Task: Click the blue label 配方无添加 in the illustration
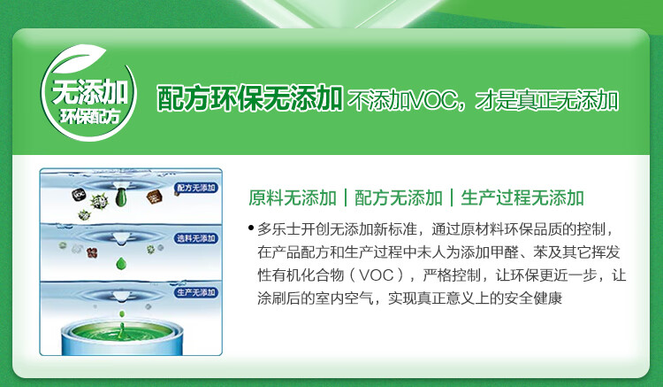pyautogui.click(x=196, y=188)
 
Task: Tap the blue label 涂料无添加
pyautogui.click(x=196, y=238)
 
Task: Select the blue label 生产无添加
pyautogui.click(x=196, y=292)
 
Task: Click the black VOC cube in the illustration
pyautogui.click(x=79, y=194)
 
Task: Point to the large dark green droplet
pyautogui.click(x=121, y=195)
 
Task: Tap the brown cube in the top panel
pyautogui.click(x=155, y=196)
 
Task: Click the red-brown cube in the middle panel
pyautogui.click(x=92, y=252)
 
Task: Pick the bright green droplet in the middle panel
pyautogui.click(x=121, y=263)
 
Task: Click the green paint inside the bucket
pyautogui.click(x=121, y=331)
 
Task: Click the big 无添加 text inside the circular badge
pyautogui.click(x=89, y=92)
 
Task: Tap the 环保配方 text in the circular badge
pyautogui.click(x=90, y=116)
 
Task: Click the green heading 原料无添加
pyautogui.click(x=293, y=197)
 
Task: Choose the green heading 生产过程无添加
pyautogui.click(x=522, y=197)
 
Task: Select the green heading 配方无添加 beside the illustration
pyautogui.click(x=399, y=197)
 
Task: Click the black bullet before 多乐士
pyautogui.click(x=251, y=228)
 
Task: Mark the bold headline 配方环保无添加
pyautogui.click(x=249, y=98)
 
